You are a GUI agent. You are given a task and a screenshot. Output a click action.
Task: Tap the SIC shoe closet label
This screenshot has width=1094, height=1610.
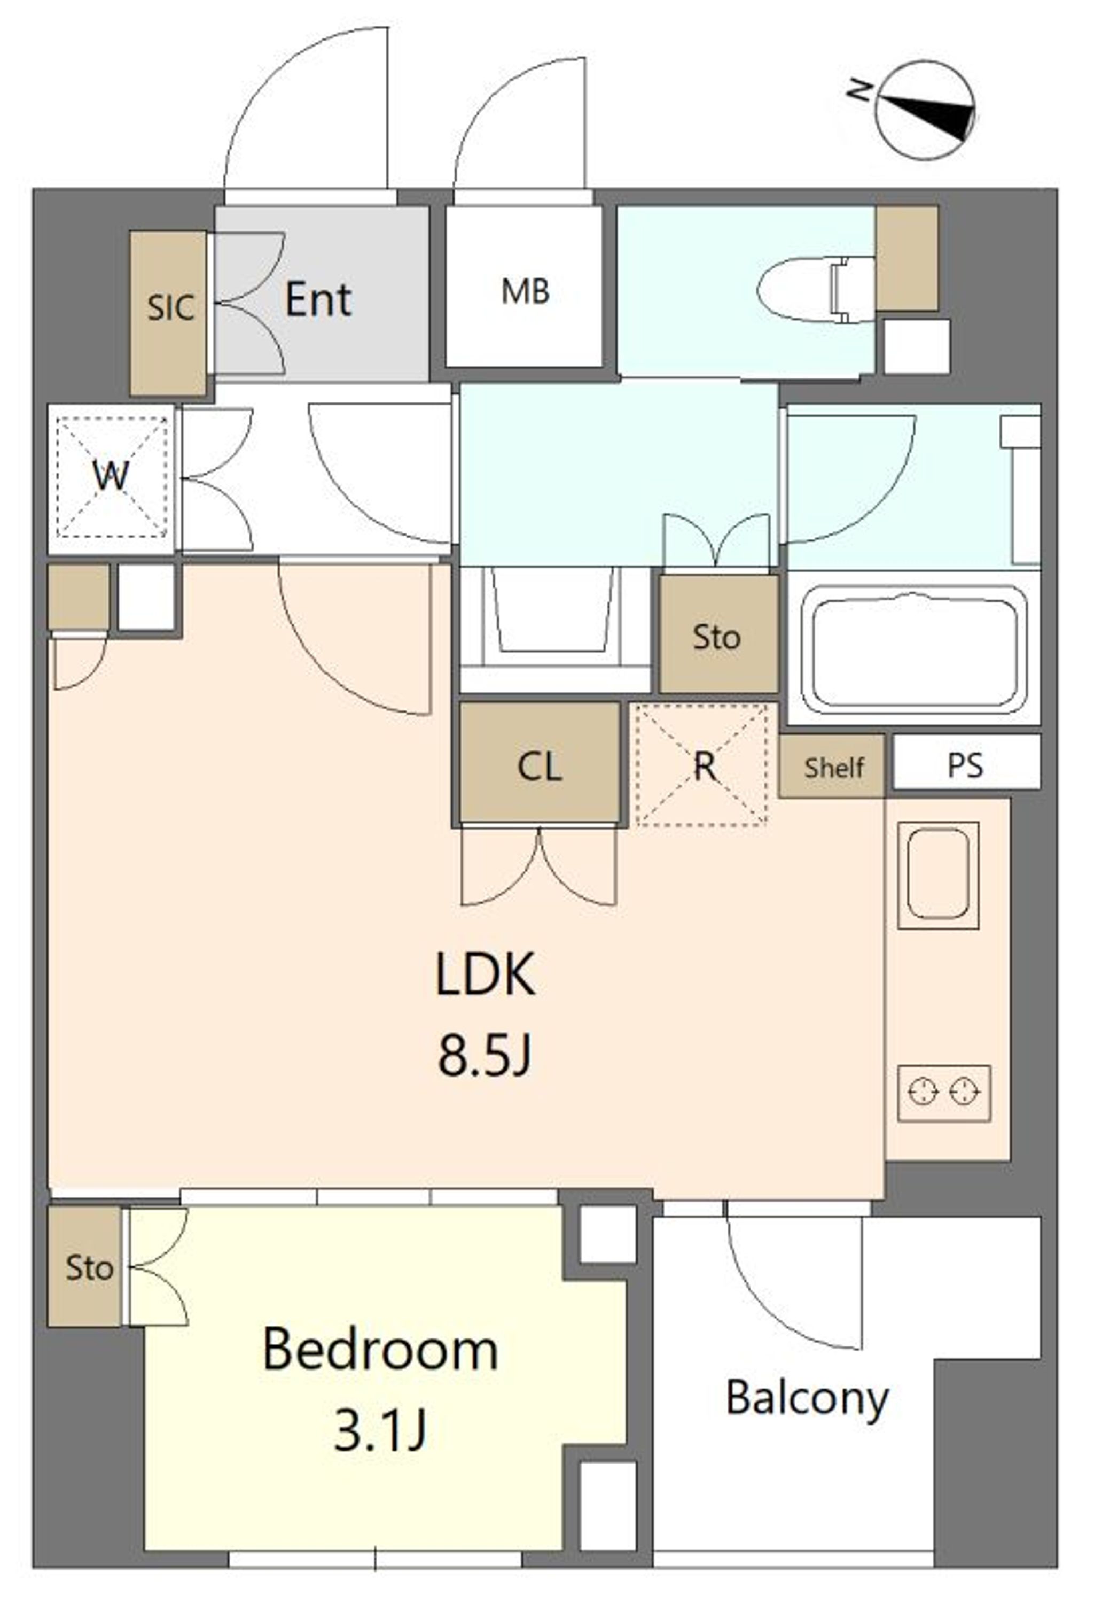point(170,307)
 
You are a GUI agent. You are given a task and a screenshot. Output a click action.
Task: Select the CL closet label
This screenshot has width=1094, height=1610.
point(540,767)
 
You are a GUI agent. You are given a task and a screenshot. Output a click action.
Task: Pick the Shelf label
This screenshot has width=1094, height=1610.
point(834,768)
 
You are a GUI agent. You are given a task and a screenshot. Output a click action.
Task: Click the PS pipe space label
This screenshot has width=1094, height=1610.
point(965,765)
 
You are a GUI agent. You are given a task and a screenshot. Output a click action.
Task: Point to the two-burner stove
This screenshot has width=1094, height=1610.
point(944,1094)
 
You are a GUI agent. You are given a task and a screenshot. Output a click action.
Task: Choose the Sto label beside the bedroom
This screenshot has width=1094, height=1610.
point(89,1268)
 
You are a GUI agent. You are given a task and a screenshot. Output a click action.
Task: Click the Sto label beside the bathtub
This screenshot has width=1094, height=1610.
point(717,637)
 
